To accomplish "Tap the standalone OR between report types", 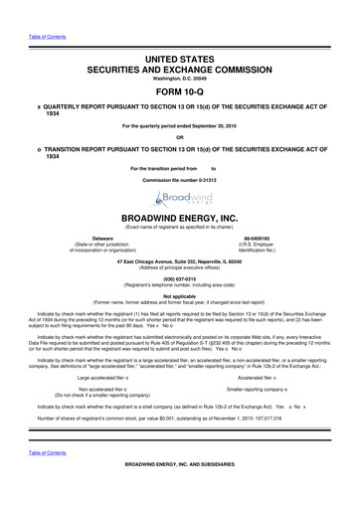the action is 179,138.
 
